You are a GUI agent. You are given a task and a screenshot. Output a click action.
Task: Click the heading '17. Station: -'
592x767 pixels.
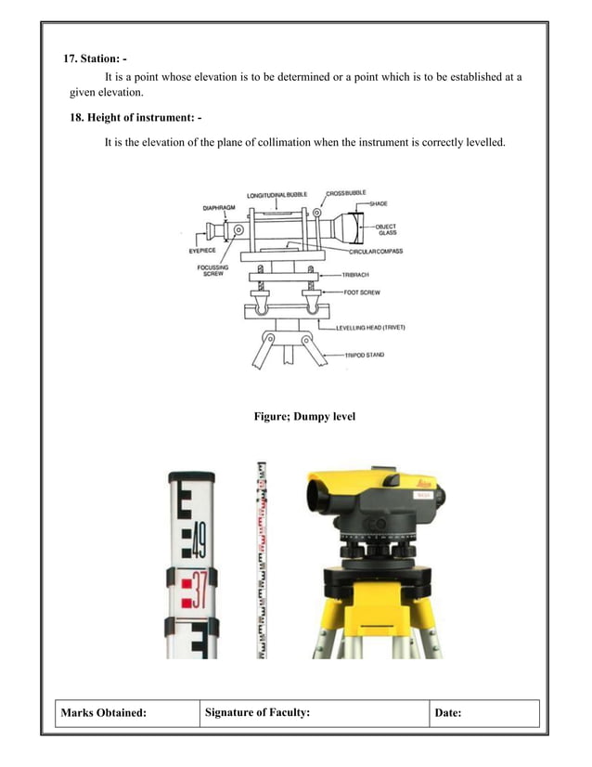(95, 59)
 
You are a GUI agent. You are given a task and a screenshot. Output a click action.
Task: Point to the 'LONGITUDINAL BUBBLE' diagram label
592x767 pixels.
(277, 195)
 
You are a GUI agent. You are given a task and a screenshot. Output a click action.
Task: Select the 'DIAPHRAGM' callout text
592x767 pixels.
(220, 208)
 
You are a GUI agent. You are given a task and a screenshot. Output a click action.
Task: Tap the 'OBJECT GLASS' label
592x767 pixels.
(387, 229)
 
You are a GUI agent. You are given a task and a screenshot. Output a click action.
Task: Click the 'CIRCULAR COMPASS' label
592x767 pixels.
(376, 252)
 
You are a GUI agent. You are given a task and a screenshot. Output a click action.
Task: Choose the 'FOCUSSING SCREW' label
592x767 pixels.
(212, 271)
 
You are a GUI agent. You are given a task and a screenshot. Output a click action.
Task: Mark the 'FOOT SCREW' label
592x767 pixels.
(364, 292)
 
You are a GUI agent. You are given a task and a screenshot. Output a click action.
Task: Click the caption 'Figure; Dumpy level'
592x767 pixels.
(304, 417)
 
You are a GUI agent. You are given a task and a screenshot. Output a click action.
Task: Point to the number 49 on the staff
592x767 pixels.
(199, 537)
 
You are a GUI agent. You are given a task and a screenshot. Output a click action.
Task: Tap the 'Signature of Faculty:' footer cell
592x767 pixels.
(256, 713)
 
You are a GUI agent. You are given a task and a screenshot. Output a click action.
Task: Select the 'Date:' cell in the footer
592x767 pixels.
(448, 713)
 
